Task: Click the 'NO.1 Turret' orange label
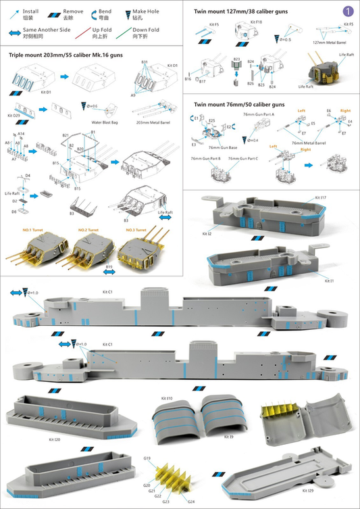pyautogui.click(x=33, y=231)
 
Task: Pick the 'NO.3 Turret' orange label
pyautogui.click(x=138, y=231)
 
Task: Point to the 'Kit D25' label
pyautogui.click(x=14, y=116)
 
